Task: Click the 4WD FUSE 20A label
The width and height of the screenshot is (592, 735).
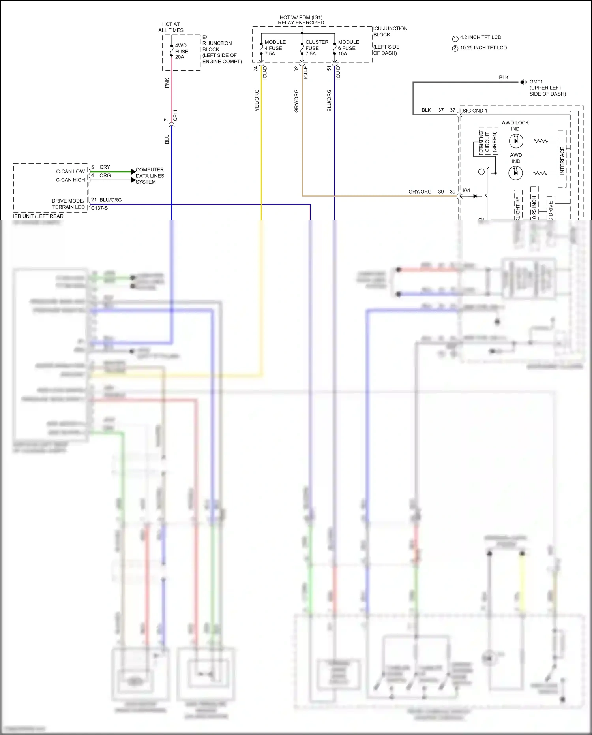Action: pyautogui.click(x=182, y=51)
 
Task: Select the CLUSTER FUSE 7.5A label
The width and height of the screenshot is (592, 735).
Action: pyautogui.click(x=317, y=48)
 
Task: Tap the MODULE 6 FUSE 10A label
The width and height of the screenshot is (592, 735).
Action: pyautogui.click(x=348, y=48)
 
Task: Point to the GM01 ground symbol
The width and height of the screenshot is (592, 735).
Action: pyautogui.click(x=523, y=82)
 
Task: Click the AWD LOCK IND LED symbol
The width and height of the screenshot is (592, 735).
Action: pyautogui.click(x=516, y=141)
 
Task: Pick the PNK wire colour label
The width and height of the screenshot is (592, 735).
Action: pyautogui.click(x=167, y=83)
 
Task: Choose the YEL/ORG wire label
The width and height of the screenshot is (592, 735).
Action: pyautogui.click(x=257, y=100)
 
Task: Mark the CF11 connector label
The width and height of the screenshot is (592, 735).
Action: pyautogui.click(x=175, y=115)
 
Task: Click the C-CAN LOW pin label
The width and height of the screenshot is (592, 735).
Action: pyautogui.click(x=70, y=171)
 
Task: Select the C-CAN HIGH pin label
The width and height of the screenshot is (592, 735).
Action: pyautogui.click(x=70, y=180)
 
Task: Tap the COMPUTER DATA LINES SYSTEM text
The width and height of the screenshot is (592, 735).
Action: pyautogui.click(x=150, y=176)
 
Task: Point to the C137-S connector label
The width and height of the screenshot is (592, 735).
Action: pyautogui.click(x=99, y=208)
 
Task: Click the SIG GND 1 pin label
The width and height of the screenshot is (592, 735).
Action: pyautogui.click(x=475, y=111)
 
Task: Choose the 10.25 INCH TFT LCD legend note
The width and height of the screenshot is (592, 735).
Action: pyautogui.click(x=483, y=48)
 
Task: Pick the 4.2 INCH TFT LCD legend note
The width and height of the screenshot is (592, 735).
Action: pyautogui.click(x=480, y=38)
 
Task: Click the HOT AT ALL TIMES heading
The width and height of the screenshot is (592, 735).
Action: pyautogui.click(x=171, y=27)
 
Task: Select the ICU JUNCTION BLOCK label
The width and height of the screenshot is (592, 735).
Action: pyautogui.click(x=390, y=32)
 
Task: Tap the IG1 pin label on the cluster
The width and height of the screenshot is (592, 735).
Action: pyautogui.click(x=466, y=190)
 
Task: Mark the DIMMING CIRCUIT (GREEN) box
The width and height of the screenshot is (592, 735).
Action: pyautogui.click(x=488, y=141)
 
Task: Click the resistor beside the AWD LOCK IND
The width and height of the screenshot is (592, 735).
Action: pyautogui.click(x=540, y=141)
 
